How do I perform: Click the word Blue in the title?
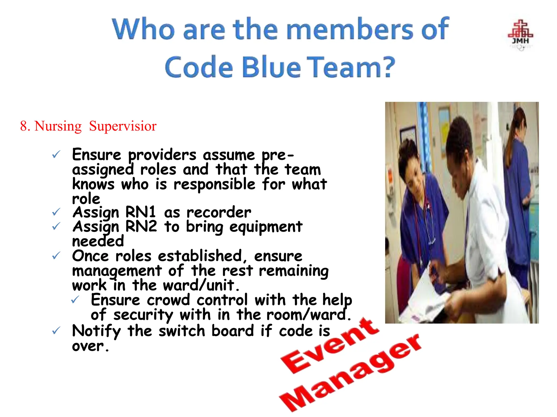[x=271, y=67]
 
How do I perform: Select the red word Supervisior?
[x=123, y=126]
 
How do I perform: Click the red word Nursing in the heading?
[x=58, y=126]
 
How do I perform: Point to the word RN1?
[x=141, y=212]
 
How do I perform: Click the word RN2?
[x=141, y=226]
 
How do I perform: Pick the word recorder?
[x=219, y=212]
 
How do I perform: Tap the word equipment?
[x=266, y=227]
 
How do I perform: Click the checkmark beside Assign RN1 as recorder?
[x=56, y=212]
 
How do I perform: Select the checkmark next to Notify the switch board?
[x=56, y=330]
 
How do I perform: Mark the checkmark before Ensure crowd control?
[x=75, y=300]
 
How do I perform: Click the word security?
[x=143, y=315]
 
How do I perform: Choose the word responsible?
[x=215, y=184]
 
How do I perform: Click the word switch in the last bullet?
[x=182, y=331]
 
